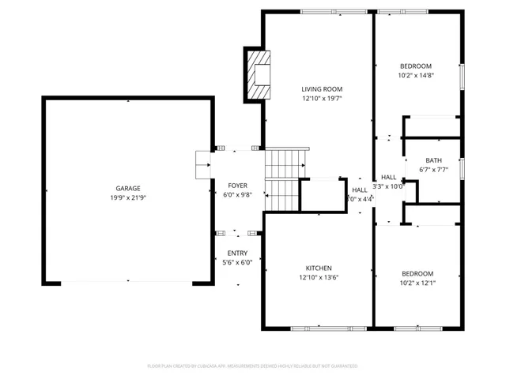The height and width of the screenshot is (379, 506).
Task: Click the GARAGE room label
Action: point(128,188)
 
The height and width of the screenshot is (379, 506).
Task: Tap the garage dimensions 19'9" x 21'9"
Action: point(128,197)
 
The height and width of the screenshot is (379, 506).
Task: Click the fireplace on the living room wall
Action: point(258,74)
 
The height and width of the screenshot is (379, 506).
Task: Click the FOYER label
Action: point(237,185)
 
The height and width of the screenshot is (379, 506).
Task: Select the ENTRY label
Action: point(237,253)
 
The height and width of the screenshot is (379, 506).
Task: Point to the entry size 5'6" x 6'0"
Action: point(237,262)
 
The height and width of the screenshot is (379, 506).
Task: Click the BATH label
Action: point(432,160)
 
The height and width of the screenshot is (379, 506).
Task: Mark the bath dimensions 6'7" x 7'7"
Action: point(432,170)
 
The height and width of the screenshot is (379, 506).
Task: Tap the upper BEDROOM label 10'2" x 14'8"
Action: point(416,66)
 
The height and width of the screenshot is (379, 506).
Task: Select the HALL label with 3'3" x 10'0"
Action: point(388,177)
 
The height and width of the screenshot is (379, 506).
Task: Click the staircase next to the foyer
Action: point(283,179)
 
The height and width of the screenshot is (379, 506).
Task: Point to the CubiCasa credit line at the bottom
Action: point(253,366)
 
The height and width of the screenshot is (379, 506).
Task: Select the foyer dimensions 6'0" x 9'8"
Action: point(237,194)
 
